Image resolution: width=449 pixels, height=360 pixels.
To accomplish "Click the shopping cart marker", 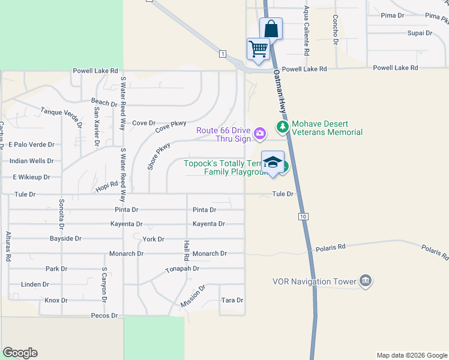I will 258,48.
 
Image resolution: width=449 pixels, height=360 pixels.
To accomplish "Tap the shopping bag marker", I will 271,28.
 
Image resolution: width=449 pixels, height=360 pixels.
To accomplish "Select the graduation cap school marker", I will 273,162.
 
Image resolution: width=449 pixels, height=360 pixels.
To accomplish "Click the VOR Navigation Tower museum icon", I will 365,281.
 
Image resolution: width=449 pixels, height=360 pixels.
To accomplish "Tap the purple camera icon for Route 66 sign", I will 259,133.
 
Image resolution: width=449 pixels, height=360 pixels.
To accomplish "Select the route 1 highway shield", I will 223,54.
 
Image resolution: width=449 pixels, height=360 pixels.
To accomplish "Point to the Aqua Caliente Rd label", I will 306,31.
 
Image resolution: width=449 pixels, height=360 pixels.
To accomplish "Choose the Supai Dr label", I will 420,33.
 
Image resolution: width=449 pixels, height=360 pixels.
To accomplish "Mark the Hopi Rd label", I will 106,188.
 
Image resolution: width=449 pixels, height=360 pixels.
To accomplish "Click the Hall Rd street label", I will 187,249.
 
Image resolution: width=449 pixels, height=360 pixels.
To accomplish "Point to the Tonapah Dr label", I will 182,269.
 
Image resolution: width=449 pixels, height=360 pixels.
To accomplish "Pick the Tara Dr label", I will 232,300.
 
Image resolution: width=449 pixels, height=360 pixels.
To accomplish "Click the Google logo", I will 20,353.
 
